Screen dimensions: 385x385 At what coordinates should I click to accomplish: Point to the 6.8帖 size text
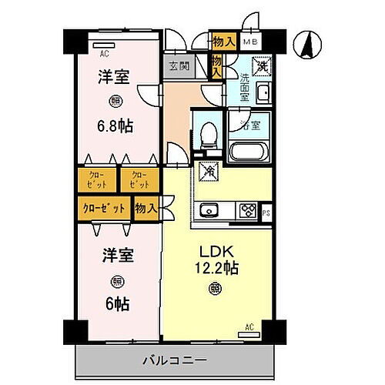point(115,125)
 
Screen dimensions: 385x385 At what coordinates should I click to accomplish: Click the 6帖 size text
point(117,303)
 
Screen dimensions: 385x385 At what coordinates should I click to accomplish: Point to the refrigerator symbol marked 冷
point(206,172)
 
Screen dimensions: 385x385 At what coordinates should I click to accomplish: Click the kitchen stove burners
point(247,209)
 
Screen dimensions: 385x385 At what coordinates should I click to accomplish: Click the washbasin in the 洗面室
point(261,95)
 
